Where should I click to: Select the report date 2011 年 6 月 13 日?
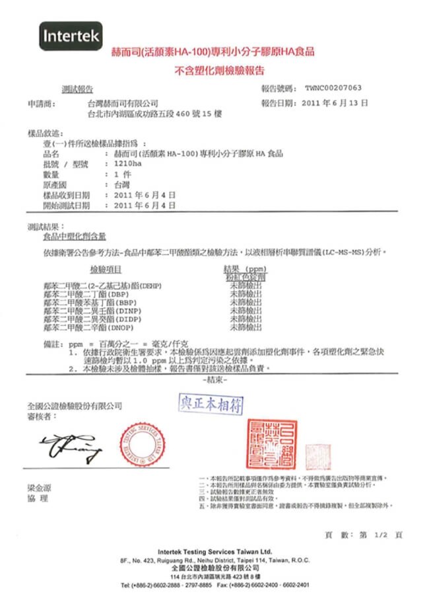pyautogui.click(x=334, y=103)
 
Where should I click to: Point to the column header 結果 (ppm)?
pyautogui.click(x=245, y=269)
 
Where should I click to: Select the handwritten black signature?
pyautogui.click(x=71, y=447)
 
